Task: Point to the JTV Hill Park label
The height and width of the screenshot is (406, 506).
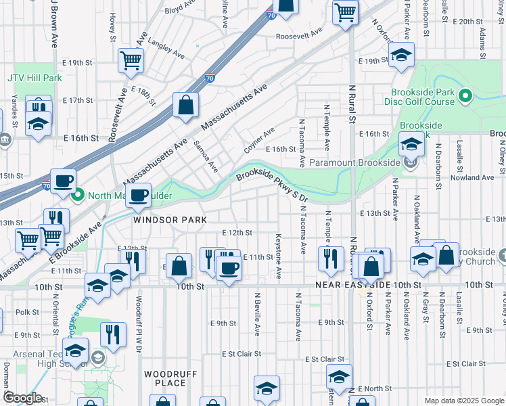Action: coord(34,78)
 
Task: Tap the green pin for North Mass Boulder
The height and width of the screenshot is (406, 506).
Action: coord(78,196)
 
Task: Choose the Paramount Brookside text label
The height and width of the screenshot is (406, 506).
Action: coord(355,162)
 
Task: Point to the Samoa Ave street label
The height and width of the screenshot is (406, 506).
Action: coord(205,156)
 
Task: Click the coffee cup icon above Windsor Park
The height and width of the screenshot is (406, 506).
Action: coord(139,196)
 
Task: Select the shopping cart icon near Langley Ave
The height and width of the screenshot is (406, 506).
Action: coord(130,60)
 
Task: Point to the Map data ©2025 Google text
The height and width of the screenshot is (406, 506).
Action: coord(463,401)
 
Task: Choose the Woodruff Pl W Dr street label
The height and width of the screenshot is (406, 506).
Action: coord(138,318)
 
